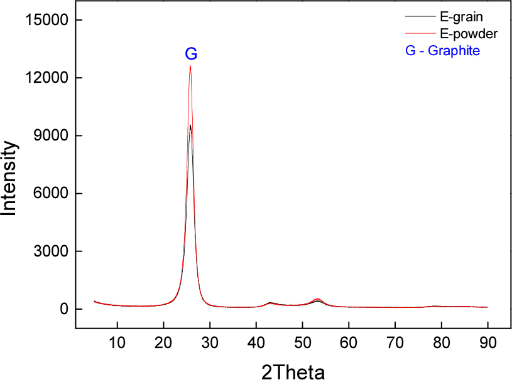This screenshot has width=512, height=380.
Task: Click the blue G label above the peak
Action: pyautogui.click(x=191, y=55)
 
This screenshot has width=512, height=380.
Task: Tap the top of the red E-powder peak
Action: pyautogui.click(x=190, y=66)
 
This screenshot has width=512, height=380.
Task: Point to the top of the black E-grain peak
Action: pyautogui.click(x=190, y=125)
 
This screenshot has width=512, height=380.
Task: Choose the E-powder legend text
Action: pyautogui.click(x=466, y=33)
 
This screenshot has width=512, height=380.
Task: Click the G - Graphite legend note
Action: pyautogui.click(x=442, y=51)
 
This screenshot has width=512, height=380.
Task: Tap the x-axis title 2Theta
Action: pyautogui.click(x=293, y=372)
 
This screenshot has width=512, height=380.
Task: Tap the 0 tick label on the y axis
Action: pyautogui.click(x=63, y=309)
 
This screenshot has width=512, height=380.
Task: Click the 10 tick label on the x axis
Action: pyautogui.click(x=117, y=342)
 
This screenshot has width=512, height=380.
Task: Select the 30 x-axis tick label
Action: pyautogui.click(x=210, y=342)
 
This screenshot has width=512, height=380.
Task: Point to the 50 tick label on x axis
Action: pyautogui.click(x=302, y=342)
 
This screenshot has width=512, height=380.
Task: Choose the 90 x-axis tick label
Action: pyautogui.click(x=487, y=342)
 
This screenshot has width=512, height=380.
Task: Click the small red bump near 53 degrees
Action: pyautogui.click(x=318, y=300)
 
